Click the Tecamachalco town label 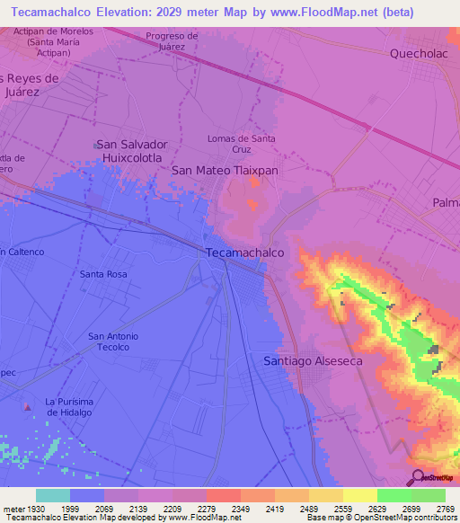245,253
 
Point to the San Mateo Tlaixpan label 225,169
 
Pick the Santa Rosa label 103,274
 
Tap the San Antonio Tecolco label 113,341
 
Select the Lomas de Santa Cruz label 241,144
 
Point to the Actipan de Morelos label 53,36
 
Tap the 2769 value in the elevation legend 446,509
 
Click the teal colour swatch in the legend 53,495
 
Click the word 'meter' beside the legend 12,509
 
